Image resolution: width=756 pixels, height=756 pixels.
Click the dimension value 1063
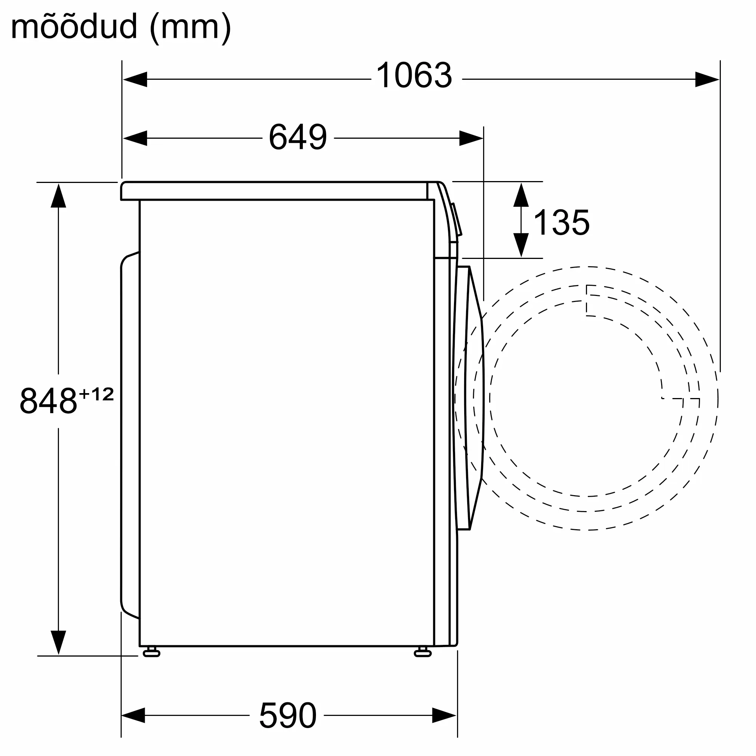pos(414,75)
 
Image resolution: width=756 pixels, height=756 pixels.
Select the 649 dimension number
pos(298,137)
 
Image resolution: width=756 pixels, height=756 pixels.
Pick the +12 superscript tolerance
pos(96,394)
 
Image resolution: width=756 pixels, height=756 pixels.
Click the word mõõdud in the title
pos(74,26)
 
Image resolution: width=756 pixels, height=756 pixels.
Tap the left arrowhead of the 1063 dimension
pos(135,79)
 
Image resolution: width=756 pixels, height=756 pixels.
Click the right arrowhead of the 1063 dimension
pos(707,79)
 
